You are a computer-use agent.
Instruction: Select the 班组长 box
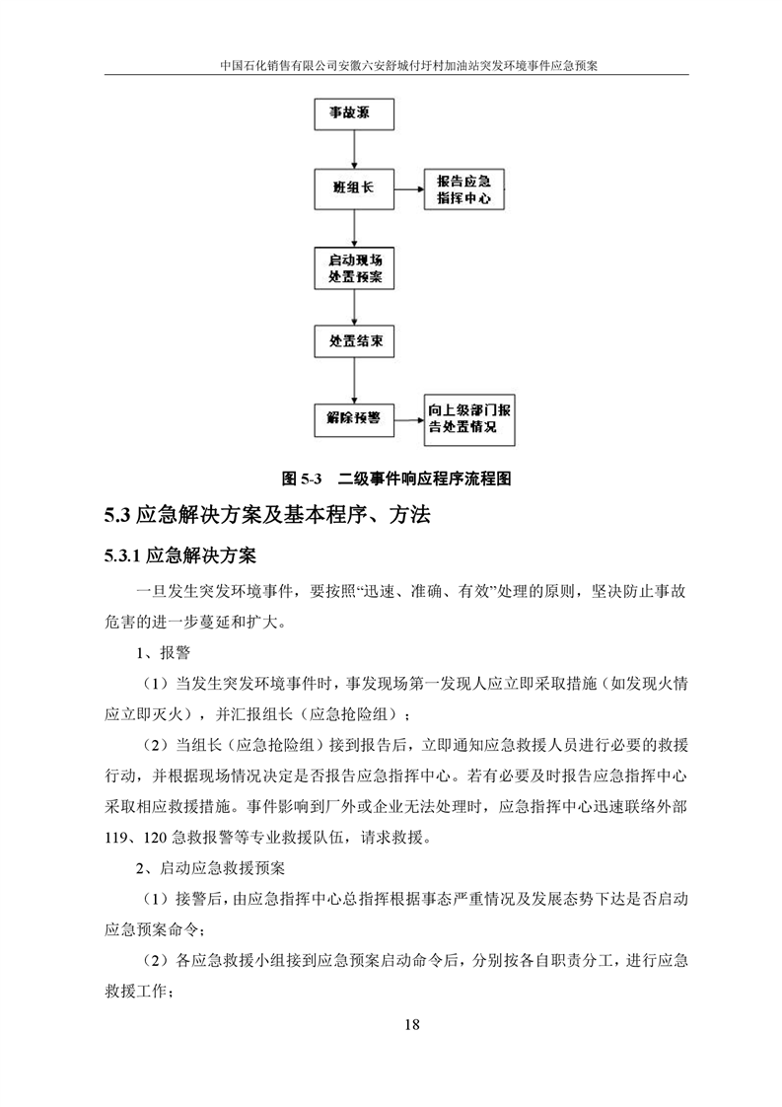point(353,186)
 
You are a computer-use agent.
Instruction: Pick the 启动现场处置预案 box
point(354,267)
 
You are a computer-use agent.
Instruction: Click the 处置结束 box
point(354,341)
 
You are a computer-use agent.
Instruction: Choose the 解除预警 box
point(353,417)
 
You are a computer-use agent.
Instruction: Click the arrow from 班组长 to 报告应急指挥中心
point(408,186)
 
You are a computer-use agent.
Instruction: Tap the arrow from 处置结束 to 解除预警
point(353,379)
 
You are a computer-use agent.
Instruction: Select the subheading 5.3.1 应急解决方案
point(181,556)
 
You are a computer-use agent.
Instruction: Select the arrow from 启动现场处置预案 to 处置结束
point(353,306)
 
